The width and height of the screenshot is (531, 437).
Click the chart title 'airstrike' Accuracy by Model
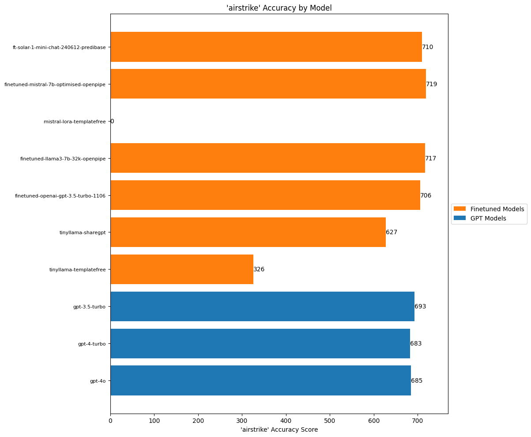click(x=279, y=8)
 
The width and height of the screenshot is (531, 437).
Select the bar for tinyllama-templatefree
click(x=182, y=269)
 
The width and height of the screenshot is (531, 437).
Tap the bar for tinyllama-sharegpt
click(x=248, y=232)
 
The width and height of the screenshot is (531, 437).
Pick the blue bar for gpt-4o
click(x=260, y=380)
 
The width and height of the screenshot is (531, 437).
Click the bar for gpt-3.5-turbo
click(x=262, y=306)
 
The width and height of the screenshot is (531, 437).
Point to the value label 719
click(x=432, y=84)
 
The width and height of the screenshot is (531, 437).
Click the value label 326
click(x=259, y=269)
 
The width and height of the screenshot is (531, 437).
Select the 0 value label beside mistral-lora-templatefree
click(x=112, y=121)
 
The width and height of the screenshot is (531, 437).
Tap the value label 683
click(x=416, y=343)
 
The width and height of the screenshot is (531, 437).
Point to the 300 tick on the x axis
click(x=242, y=421)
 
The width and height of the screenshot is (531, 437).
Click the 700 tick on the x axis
click(x=418, y=421)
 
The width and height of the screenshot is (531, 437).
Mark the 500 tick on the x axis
click(x=330, y=421)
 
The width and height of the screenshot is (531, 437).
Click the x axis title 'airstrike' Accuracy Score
click(x=279, y=429)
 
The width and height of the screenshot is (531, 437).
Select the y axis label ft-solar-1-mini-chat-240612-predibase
click(x=59, y=47)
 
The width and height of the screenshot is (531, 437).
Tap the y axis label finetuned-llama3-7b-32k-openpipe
click(x=63, y=158)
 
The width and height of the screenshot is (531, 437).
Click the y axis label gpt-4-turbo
click(x=92, y=343)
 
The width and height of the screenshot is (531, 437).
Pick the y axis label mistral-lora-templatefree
click(x=75, y=121)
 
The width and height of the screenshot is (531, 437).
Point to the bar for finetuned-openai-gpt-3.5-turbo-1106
click(x=265, y=195)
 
